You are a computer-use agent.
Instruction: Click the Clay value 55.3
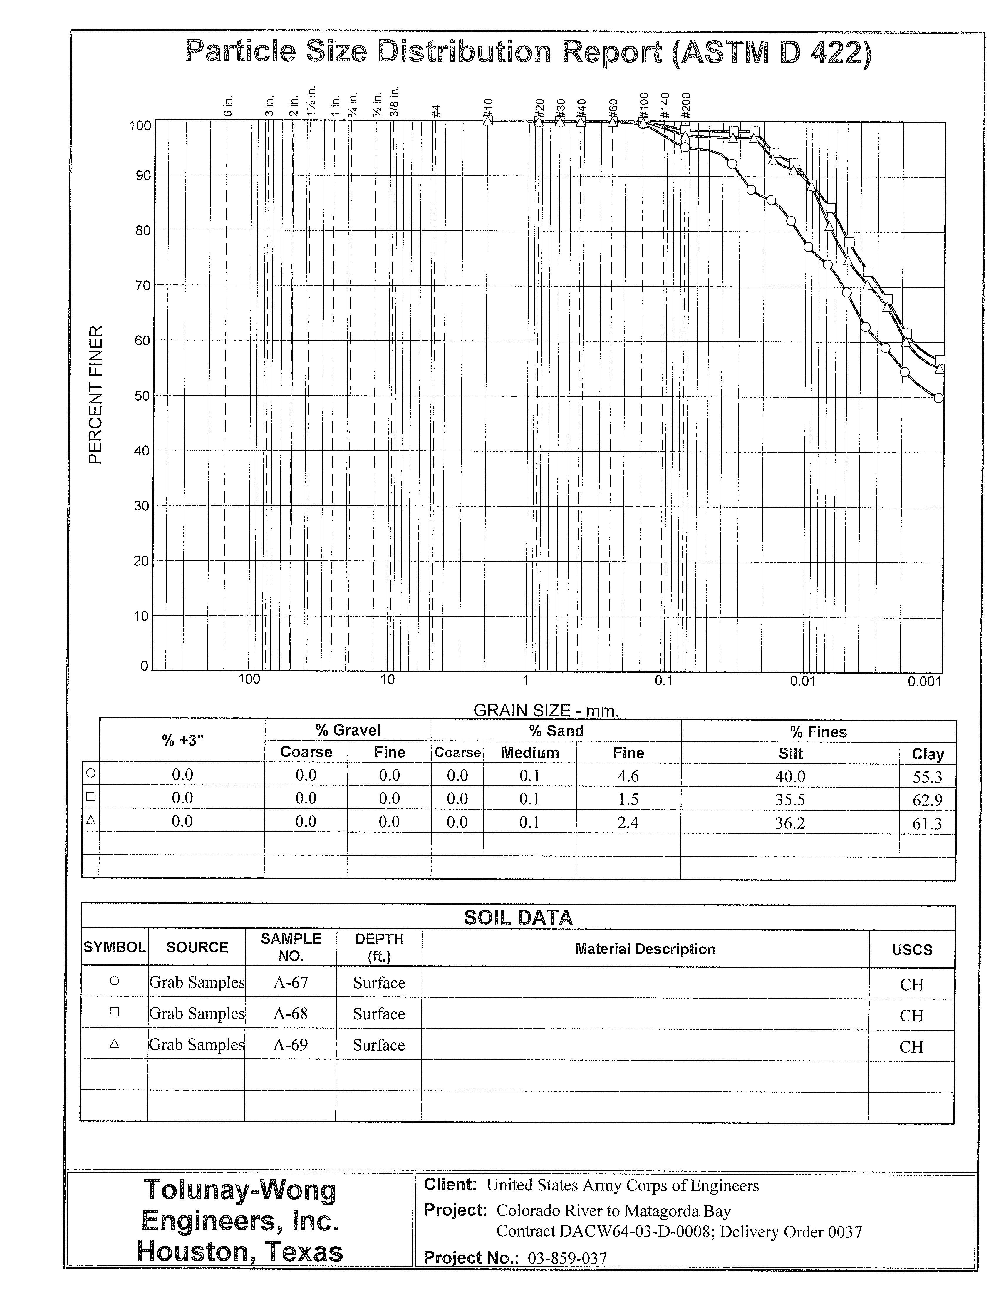coord(927,777)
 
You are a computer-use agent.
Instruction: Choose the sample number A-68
coord(291,1014)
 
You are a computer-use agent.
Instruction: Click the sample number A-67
coord(291,983)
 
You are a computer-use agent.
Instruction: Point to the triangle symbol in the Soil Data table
coord(114,1044)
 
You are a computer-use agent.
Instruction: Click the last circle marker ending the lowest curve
coord(938,398)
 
